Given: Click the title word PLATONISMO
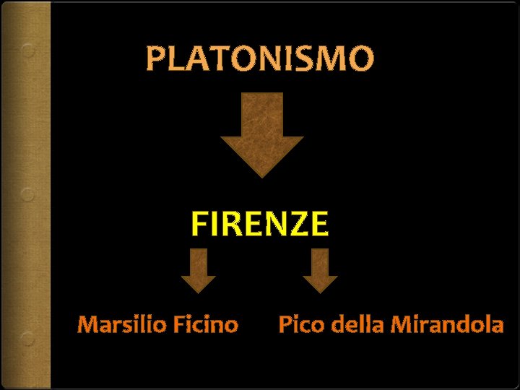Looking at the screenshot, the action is [x=260, y=59].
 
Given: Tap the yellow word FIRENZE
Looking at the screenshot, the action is [x=260, y=225].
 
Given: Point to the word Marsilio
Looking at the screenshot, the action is [x=122, y=325].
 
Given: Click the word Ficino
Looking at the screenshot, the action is [x=205, y=325].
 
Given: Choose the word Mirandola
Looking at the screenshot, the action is [x=446, y=325].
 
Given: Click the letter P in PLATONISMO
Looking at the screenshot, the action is [x=155, y=59].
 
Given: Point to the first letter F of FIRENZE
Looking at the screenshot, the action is [x=199, y=225].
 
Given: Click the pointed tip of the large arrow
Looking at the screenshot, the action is [x=261, y=175].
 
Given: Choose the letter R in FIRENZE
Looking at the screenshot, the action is [x=230, y=225].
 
